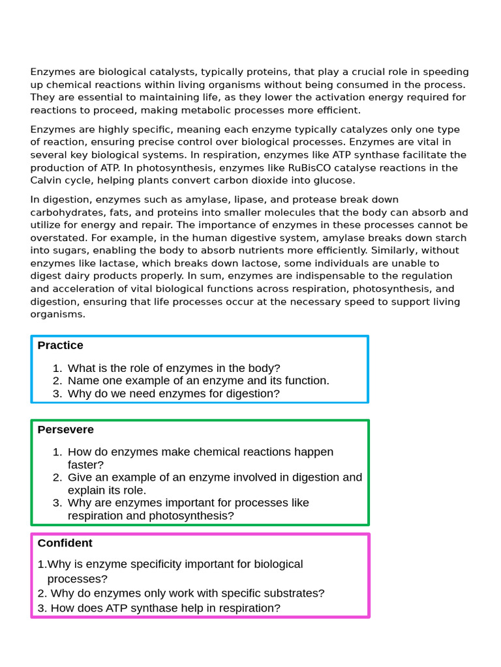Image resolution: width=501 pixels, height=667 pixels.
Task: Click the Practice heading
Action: click(60, 345)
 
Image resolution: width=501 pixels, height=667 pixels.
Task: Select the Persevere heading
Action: click(65, 430)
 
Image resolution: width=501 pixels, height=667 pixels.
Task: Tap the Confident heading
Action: click(65, 543)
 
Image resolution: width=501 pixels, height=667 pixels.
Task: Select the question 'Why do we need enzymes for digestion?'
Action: click(174, 393)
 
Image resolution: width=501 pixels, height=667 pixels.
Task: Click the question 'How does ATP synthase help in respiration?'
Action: click(165, 608)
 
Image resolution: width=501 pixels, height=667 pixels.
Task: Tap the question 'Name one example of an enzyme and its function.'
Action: click(198, 380)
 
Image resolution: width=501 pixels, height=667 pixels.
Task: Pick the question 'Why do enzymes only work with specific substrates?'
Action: click(187, 593)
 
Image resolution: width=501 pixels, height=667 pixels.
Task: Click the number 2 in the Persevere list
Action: click(57, 477)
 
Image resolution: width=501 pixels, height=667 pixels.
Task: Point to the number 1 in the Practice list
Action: click(57, 368)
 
